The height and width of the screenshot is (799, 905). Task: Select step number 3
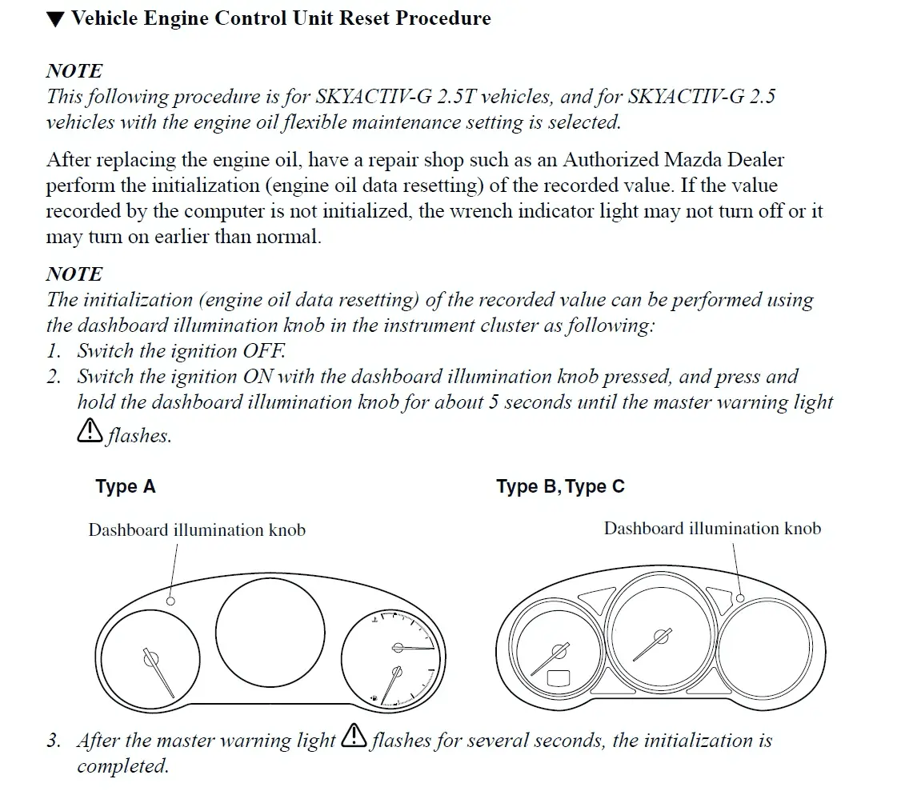tap(54, 741)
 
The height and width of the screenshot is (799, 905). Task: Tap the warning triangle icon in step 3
tap(354, 737)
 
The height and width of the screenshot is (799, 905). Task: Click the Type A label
tap(126, 486)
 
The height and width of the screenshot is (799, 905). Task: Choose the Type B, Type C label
tap(560, 486)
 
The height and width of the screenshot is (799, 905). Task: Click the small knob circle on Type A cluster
tap(170, 601)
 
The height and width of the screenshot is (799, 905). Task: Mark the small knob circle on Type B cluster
tap(740, 598)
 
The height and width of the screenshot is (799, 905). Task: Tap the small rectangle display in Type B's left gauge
tap(559, 679)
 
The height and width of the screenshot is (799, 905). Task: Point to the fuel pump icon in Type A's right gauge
tap(374, 699)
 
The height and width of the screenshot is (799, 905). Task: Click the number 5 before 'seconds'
tap(494, 401)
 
